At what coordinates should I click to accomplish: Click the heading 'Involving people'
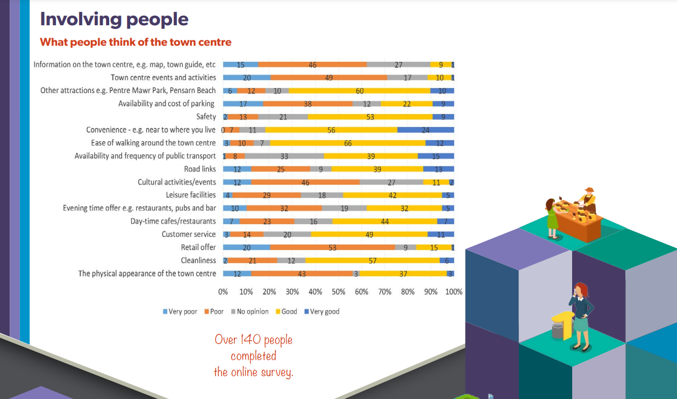(x=114, y=19)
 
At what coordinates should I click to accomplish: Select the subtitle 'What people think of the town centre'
(x=136, y=42)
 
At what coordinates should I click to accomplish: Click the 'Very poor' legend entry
(x=180, y=312)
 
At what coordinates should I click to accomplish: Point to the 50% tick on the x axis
(x=339, y=292)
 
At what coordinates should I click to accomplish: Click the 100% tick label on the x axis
(x=454, y=292)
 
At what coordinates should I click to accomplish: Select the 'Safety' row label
(x=206, y=117)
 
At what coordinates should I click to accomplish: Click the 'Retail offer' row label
(x=198, y=247)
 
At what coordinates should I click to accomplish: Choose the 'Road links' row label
(x=200, y=169)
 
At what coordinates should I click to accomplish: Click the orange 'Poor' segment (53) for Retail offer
(x=332, y=247)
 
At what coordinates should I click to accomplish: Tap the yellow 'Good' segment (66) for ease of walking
(x=347, y=143)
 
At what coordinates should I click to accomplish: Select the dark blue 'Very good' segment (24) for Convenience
(x=425, y=130)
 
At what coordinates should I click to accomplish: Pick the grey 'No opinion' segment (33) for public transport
(x=284, y=156)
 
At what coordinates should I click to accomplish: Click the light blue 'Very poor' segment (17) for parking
(x=243, y=104)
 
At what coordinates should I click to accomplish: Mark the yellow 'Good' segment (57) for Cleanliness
(x=372, y=260)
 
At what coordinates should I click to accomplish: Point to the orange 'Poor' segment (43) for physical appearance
(x=302, y=274)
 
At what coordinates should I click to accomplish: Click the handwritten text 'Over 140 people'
(x=253, y=340)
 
